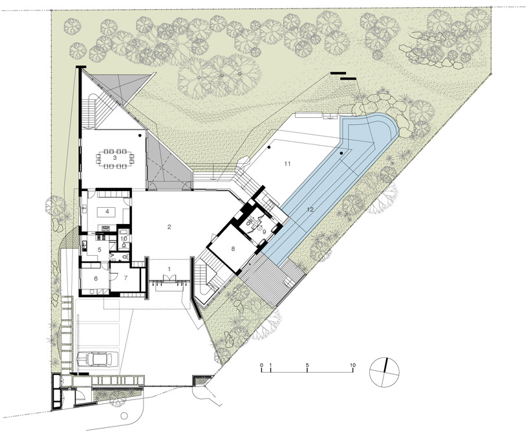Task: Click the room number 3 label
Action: (114, 157)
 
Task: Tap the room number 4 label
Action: (107, 212)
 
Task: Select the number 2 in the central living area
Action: (169, 227)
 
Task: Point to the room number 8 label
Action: (233, 249)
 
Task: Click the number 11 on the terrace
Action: (287, 164)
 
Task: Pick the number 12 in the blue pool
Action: (310, 209)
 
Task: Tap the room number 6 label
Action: (96, 278)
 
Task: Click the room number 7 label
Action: (125, 278)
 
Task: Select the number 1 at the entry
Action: (169, 269)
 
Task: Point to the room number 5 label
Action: (100, 250)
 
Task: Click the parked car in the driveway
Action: (98, 359)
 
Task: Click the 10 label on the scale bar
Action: (352, 365)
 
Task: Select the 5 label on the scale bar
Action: (307, 365)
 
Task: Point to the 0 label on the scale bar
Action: (261, 365)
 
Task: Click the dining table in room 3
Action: (114, 158)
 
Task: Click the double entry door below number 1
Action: (169, 278)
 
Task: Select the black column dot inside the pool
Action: (341, 153)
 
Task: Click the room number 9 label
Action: (264, 232)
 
